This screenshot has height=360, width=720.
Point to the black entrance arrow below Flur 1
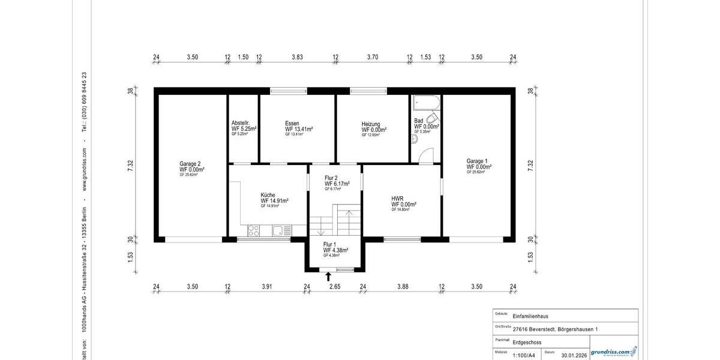tap(328, 277)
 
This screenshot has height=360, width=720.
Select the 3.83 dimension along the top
tap(297, 57)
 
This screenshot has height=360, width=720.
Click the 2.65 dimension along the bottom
tap(334, 287)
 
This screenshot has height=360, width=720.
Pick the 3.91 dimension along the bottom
tap(267, 287)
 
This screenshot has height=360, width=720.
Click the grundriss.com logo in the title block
tap(612, 353)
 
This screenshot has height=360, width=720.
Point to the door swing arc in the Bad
tap(425, 155)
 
